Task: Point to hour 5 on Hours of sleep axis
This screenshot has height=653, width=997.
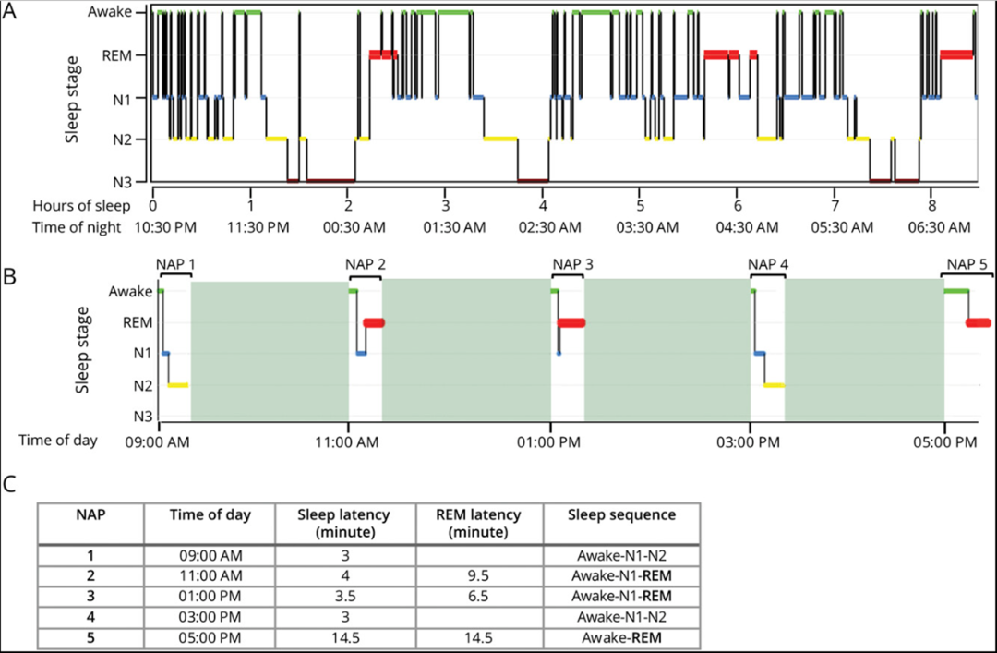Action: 639,205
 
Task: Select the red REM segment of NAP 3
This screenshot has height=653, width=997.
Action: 572,322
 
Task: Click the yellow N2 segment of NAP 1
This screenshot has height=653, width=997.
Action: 178,385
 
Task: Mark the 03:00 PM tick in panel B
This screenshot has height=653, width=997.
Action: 750,441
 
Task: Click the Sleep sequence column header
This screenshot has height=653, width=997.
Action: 623,514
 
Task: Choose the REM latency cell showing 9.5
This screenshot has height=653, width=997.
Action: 477,575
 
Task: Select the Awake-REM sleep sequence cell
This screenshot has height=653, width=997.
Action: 623,636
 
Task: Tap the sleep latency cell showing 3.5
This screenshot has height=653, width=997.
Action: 346,596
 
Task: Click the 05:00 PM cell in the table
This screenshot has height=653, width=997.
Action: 210,636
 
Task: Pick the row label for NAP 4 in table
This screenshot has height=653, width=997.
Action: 90,616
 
